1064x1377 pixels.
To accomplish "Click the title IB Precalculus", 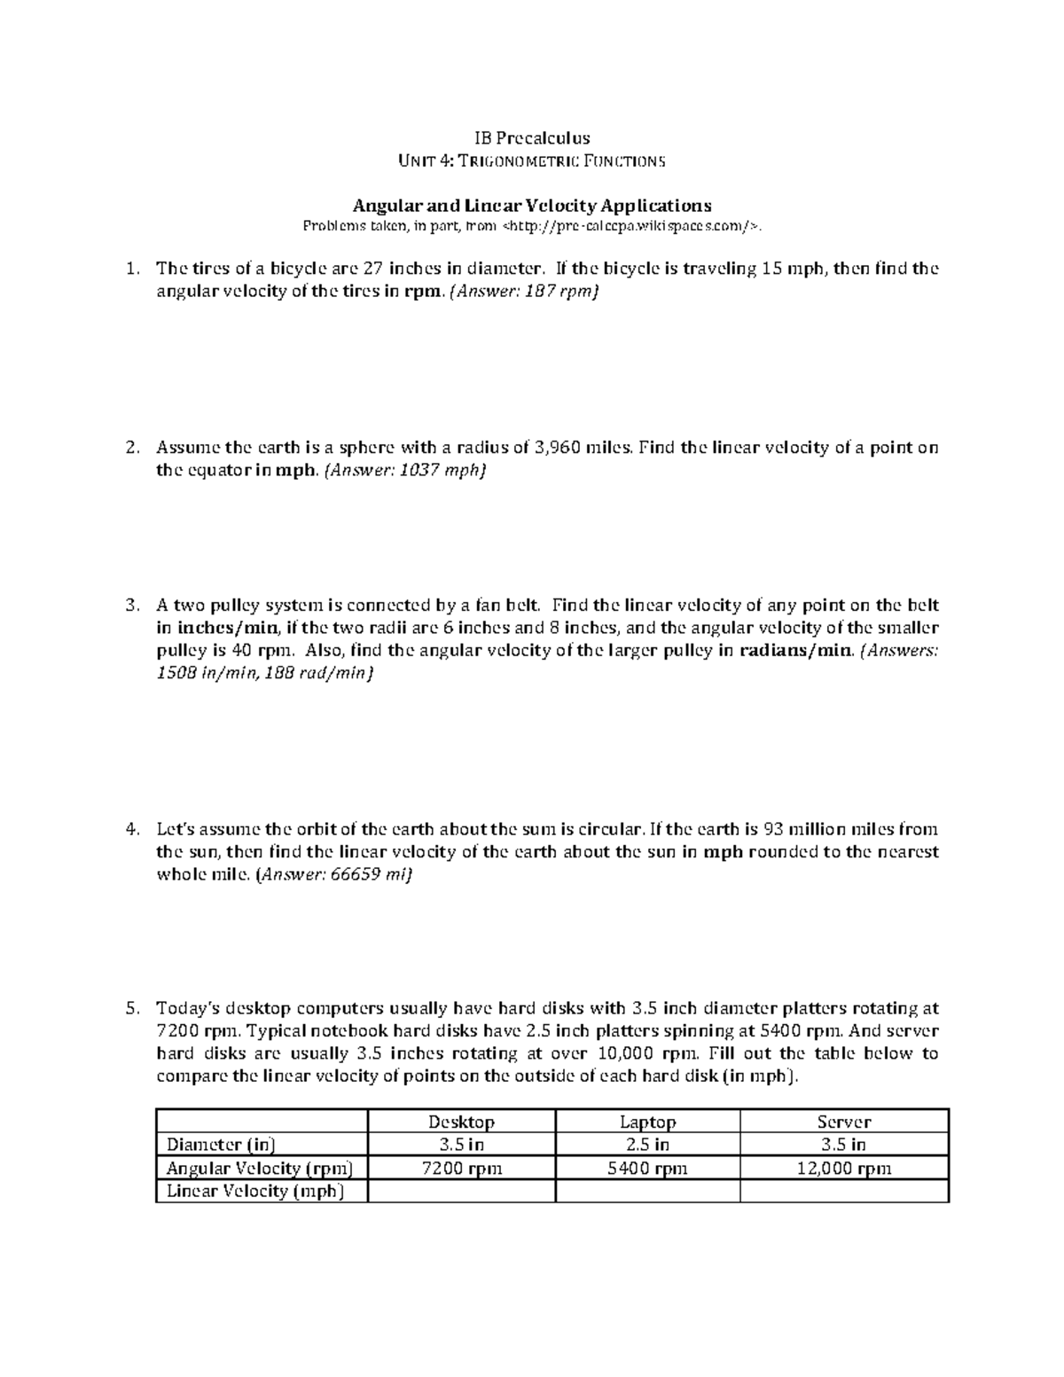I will (531, 137).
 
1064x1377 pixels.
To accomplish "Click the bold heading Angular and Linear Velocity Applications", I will (532, 205).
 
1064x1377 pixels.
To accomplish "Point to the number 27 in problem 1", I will (374, 269).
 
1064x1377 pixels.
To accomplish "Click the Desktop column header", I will (461, 1122).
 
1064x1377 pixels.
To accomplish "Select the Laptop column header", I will (647, 1122).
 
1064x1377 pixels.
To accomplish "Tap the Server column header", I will (843, 1122).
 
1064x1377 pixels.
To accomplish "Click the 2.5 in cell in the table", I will (647, 1145).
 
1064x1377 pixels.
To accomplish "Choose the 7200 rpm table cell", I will (461, 1168).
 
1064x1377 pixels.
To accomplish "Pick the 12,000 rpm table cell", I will (843, 1168).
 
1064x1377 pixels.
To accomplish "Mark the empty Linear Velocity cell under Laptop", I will (647, 1191).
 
